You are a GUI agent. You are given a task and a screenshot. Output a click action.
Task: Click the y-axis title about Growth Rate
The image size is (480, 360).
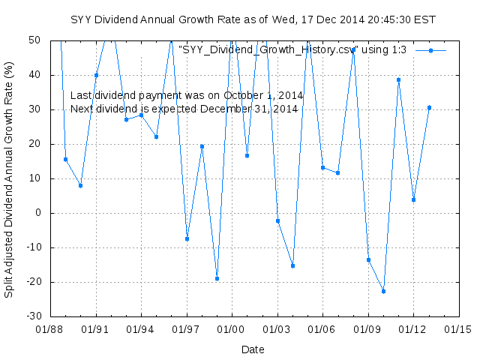10,181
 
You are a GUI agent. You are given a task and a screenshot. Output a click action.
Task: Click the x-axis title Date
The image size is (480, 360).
253,349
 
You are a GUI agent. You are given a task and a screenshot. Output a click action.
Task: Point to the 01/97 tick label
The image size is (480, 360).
187,329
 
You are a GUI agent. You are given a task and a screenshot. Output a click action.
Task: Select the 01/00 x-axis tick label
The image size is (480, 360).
232,329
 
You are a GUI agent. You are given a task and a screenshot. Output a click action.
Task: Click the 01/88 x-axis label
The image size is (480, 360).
51,329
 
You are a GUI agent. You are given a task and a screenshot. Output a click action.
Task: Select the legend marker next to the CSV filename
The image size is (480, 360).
430,50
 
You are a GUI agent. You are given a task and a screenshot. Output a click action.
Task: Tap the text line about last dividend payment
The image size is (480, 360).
186,95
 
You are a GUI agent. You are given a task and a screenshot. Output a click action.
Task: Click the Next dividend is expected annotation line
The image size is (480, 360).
184,109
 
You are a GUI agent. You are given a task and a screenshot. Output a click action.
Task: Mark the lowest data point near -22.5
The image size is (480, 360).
383,291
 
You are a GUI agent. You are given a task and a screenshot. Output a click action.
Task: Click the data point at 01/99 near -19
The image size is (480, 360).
217,278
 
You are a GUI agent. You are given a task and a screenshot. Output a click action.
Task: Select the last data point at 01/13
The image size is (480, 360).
429,107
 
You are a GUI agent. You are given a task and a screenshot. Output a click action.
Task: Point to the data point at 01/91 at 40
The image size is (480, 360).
96,75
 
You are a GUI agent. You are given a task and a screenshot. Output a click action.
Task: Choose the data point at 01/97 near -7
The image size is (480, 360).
187,238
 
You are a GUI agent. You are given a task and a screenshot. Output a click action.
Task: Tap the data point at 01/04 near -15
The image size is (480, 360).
292,265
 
